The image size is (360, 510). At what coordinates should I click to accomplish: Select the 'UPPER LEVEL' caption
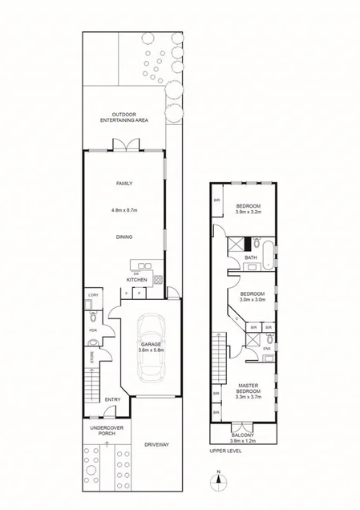pyautogui.click(x=225, y=450)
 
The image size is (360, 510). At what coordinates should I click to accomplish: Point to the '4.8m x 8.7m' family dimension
pyautogui.click(x=123, y=211)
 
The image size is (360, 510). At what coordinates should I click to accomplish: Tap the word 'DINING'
pyautogui.click(x=123, y=237)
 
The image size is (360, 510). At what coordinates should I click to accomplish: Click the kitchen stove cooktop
pyautogui.click(x=158, y=279)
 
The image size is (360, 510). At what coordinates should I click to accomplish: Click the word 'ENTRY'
pyautogui.click(x=113, y=401)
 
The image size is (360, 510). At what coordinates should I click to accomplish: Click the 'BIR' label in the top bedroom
pyautogui.click(x=216, y=200)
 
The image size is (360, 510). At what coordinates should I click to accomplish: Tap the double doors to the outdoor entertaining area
pyautogui.click(x=123, y=146)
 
